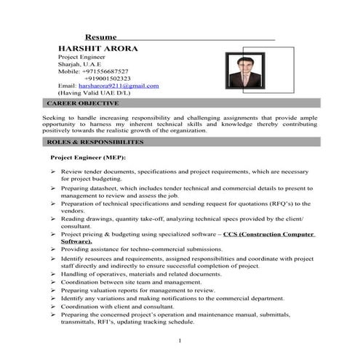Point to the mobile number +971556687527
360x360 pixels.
(108, 71)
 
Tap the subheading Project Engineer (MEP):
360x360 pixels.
(87, 157)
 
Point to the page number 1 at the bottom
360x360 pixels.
(179, 340)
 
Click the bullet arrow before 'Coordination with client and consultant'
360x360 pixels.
(54, 306)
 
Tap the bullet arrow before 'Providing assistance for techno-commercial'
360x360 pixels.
(54, 249)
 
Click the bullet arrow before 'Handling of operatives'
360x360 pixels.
(54, 273)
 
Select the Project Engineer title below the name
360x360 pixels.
(83, 57)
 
